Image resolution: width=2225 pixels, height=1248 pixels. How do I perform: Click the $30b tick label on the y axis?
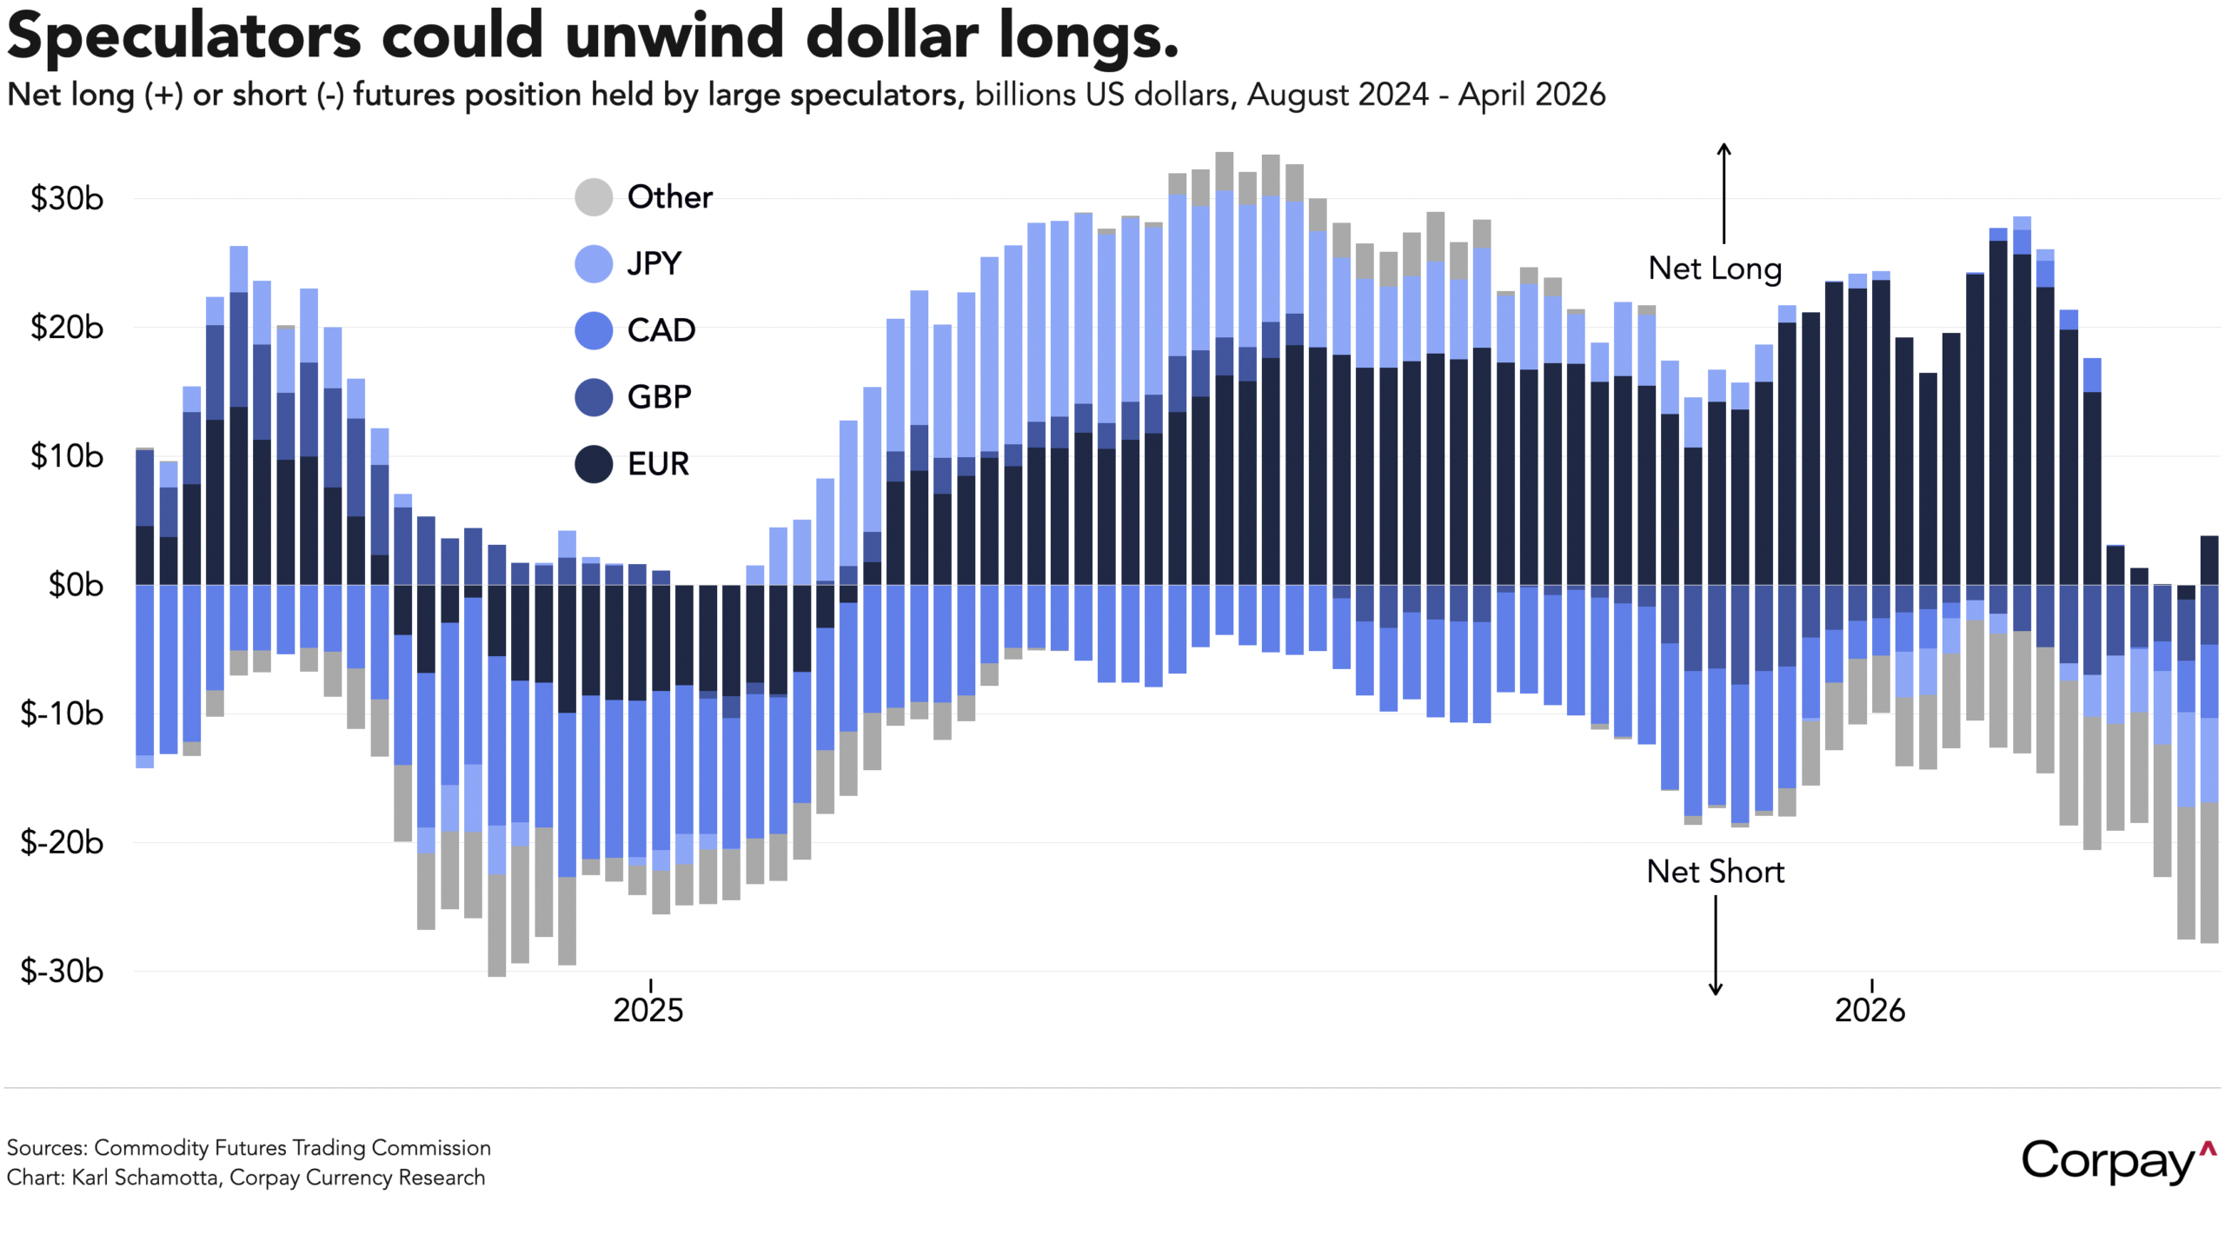coord(67,198)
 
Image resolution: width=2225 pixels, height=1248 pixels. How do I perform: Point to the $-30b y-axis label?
coord(62,971)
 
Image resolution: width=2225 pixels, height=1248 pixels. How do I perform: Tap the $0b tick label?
coord(75,585)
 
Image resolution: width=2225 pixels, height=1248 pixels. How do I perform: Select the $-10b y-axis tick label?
coord(62,714)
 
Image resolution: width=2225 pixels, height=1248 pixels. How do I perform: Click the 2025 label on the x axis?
coord(648,1010)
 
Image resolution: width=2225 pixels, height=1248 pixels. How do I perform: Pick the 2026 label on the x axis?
coord(1870,1010)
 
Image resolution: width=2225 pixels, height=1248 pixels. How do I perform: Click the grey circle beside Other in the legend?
coord(594,197)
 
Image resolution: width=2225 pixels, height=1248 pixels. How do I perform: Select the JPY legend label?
coord(654,263)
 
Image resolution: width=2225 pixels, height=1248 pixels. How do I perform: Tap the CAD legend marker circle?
coord(594,330)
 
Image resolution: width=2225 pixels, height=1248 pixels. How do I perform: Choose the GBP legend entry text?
coord(659,397)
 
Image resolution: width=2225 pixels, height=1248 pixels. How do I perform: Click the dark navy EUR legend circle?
coord(594,464)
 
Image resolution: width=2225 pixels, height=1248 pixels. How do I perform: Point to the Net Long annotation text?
coord(1715,269)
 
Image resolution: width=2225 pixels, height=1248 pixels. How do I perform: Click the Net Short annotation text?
coord(1715,872)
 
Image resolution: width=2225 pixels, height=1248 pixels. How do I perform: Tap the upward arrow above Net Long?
coord(1724,193)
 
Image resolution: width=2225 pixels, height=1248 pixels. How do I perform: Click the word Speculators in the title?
coord(183,37)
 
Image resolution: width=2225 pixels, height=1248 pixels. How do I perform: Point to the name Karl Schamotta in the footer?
coord(144,1178)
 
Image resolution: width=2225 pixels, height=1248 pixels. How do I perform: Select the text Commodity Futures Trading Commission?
coord(292,1148)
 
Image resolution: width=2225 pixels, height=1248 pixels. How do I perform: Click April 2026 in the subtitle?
coord(1531,95)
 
